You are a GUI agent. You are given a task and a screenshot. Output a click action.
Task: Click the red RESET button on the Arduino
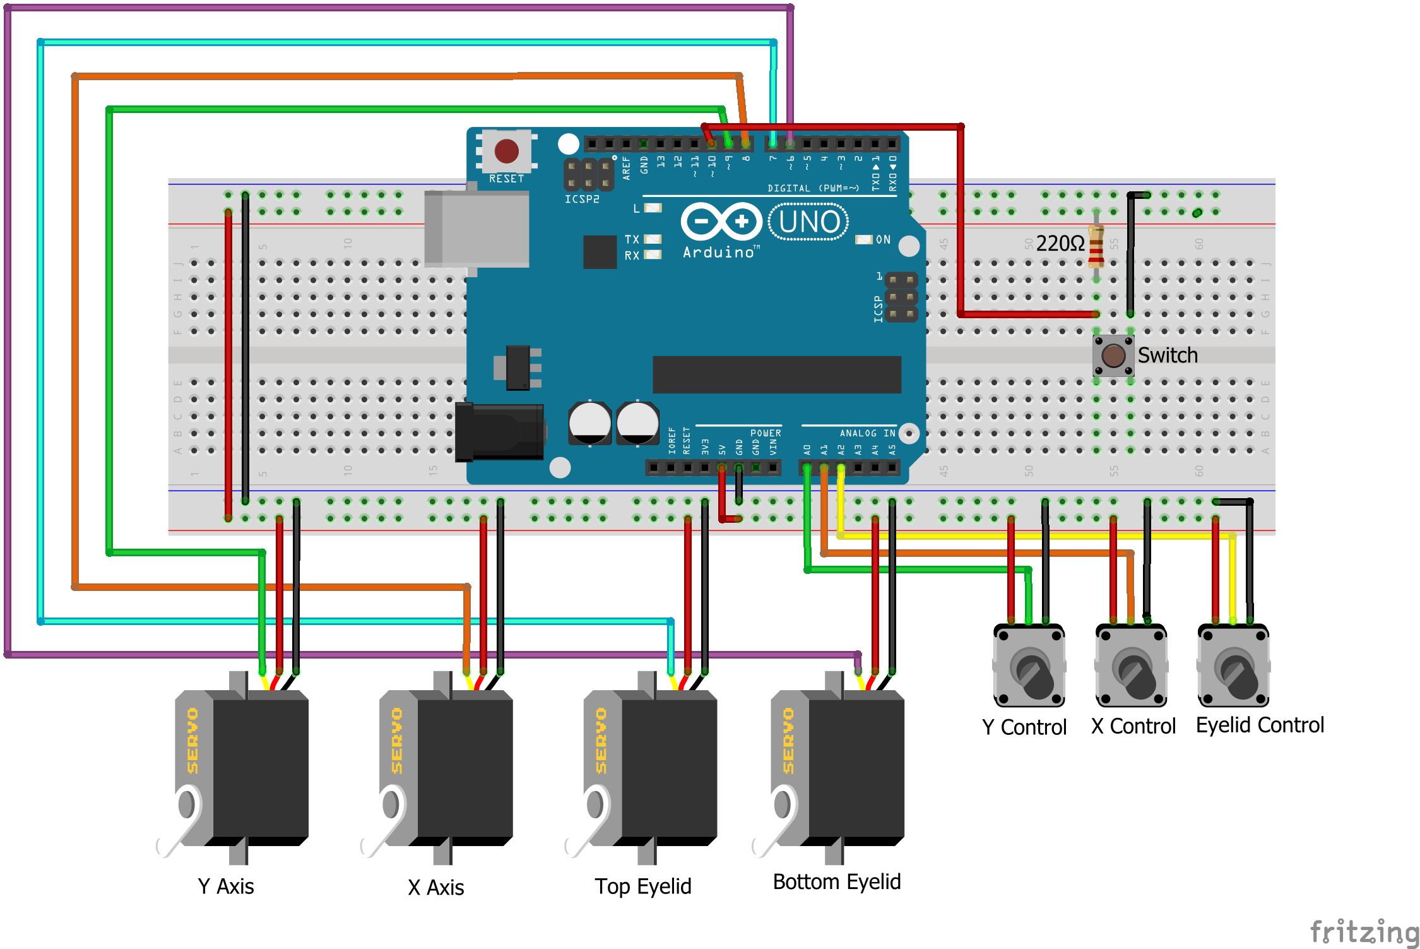[x=506, y=151]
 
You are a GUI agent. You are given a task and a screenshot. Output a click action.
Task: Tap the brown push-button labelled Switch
[x=1113, y=355]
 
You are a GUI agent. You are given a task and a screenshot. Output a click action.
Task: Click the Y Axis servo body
[x=259, y=767]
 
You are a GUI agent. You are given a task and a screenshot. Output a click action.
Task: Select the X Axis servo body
[x=464, y=767]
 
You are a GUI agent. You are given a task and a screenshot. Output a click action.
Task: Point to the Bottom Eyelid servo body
[x=855, y=767]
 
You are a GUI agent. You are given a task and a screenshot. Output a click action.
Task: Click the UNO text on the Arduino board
[x=809, y=222]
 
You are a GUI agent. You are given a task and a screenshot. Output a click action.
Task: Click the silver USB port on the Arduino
[x=477, y=229]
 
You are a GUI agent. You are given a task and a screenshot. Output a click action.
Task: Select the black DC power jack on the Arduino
[x=500, y=432]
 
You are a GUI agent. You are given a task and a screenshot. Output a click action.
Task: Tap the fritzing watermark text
[x=1363, y=932]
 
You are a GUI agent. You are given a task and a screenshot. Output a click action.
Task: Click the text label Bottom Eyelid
[x=836, y=881]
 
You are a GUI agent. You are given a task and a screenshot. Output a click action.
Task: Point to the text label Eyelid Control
[x=1259, y=725]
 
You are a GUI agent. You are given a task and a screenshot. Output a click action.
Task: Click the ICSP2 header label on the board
[x=581, y=199]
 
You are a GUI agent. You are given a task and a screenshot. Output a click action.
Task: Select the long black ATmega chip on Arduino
[x=776, y=374]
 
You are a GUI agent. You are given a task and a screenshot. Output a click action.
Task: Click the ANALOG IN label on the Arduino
[x=867, y=433]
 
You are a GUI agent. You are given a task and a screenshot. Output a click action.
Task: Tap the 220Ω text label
[x=1060, y=243]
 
